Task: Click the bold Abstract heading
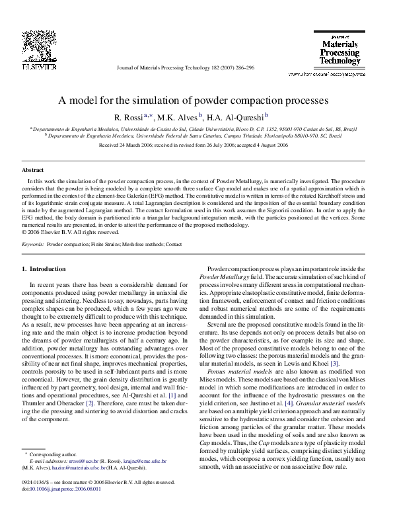(33, 170)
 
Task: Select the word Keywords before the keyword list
(33, 244)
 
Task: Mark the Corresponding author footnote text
(52, 473)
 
